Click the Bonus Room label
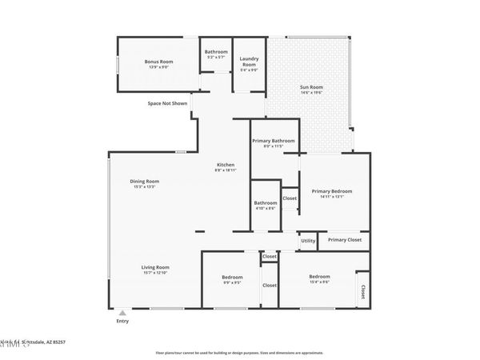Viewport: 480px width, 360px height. tap(159, 62)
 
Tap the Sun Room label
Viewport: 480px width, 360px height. tap(311, 87)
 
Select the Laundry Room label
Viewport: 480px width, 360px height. tap(249, 60)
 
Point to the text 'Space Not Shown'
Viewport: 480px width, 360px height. tap(167, 103)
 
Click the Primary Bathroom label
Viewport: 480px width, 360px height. tap(273, 141)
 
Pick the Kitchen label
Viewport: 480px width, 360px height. tap(225, 165)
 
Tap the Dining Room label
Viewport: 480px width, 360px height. tap(145, 181)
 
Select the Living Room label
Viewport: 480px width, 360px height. tap(155, 267)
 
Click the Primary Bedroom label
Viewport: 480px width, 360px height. tap(332, 191)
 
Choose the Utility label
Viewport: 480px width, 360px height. tap(308, 240)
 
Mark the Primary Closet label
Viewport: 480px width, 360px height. tap(344, 239)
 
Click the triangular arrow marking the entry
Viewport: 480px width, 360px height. tap(122, 312)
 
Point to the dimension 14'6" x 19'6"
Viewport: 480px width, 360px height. tap(311, 94)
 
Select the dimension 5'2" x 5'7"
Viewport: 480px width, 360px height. tap(216, 58)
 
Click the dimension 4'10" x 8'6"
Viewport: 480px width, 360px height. tap(265, 209)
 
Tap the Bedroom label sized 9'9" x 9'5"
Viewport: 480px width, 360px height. tap(232, 277)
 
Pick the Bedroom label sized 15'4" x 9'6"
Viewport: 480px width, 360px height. tap(319, 277)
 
